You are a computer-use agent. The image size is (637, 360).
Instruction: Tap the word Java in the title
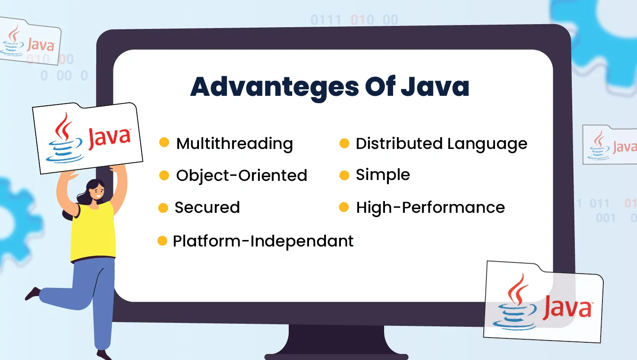click(435, 86)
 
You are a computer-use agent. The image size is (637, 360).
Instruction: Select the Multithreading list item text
click(234, 144)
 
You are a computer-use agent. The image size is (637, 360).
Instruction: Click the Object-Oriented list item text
click(241, 175)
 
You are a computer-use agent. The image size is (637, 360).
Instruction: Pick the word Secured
click(207, 207)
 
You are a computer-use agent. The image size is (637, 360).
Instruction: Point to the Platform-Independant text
click(263, 241)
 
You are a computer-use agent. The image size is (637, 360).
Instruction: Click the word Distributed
click(399, 143)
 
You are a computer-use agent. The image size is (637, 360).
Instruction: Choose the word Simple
click(383, 175)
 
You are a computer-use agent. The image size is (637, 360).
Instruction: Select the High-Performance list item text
click(431, 207)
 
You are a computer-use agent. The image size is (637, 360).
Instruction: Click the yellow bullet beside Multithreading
click(164, 142)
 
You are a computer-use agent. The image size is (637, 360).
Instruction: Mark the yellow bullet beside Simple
click(344, 175)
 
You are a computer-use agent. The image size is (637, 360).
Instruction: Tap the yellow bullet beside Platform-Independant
click(162, 240)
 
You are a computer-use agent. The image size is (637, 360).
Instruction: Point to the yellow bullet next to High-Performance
click(344, 207)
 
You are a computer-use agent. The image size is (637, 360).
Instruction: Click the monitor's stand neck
click(337, 339)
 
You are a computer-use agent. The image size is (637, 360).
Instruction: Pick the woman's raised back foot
click(32, 294)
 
